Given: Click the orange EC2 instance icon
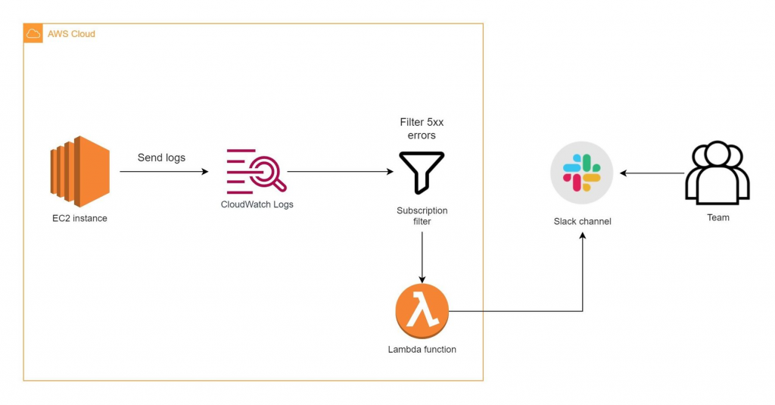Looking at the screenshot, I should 80,172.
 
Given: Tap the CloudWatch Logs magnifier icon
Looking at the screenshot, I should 257,172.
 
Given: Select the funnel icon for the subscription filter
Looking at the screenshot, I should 422,172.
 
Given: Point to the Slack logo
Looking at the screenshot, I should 580,172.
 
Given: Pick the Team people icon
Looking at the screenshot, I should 717,173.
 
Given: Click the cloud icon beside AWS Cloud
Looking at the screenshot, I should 33,34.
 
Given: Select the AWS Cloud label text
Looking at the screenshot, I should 71,34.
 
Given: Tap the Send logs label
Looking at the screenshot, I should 162,157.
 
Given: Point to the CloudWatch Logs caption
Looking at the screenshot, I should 257,204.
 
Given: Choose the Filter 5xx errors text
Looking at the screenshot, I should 422,129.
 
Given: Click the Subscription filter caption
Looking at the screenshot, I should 422,216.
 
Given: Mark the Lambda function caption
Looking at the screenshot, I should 422,350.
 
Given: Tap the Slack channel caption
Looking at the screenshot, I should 582,221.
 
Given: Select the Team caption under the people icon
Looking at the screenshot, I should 717,217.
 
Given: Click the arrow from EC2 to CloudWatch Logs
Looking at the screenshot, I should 163,173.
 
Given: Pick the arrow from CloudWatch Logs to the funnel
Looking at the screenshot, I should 341,172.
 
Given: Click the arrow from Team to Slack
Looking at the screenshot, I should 652,173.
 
